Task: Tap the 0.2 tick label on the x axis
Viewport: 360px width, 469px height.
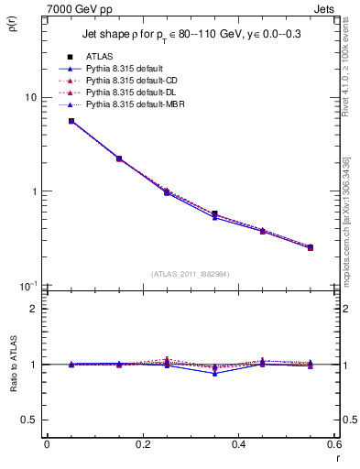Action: click(142, 443)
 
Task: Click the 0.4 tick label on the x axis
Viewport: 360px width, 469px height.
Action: click(238, 443)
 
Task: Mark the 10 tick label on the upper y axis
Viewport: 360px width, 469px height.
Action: click(29, 97)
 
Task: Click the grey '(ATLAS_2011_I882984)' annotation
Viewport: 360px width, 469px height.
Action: click(191, 273)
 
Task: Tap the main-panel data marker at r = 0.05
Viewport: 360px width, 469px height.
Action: click(71, 121)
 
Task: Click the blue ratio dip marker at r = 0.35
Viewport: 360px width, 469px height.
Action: click(214, 373)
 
